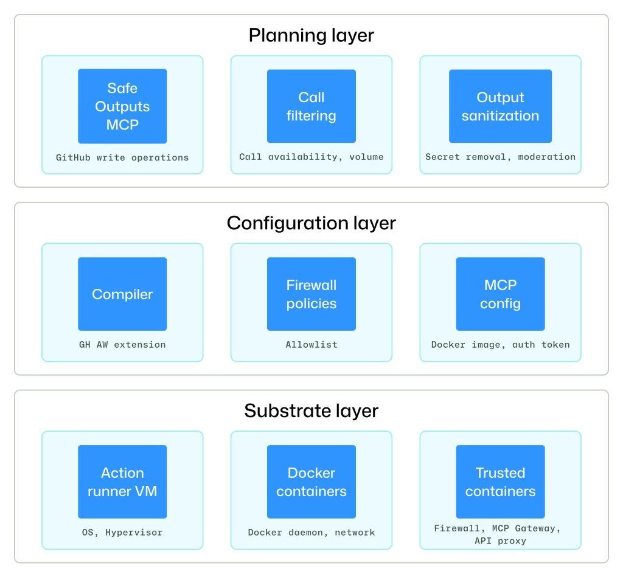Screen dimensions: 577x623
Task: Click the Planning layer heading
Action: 311,35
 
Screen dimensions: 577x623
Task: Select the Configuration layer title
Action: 311,223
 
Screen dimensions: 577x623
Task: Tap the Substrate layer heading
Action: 311,411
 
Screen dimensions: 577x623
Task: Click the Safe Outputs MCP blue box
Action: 122,106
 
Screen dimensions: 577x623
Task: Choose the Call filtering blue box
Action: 311,106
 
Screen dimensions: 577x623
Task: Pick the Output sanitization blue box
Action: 500,106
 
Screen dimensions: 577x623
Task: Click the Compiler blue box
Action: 122,294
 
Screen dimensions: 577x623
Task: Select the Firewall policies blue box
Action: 311,294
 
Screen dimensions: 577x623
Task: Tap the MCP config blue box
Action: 500,294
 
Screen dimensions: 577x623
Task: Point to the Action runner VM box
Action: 122,482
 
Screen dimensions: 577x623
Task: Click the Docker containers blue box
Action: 311,482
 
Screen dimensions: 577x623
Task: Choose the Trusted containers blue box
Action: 500,482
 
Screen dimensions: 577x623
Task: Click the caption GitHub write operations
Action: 122,157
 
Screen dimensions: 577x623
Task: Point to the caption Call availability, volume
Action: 311,157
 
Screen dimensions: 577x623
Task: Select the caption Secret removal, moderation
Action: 500,157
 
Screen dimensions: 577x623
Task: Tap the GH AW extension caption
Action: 122,345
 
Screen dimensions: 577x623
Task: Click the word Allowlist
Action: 311,345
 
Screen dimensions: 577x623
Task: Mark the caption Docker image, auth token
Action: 500,345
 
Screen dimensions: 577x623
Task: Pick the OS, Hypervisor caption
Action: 122,533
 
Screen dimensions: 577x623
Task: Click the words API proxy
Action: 500,541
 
